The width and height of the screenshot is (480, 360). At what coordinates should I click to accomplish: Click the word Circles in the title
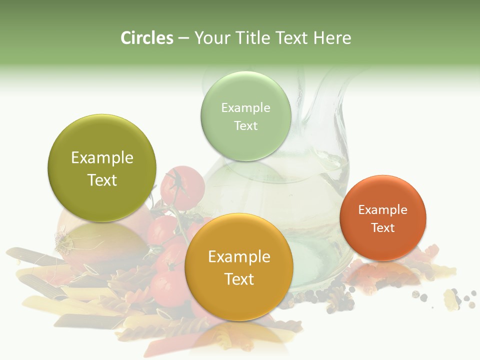(146, 38)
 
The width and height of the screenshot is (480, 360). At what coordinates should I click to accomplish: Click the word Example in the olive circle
(102, 158)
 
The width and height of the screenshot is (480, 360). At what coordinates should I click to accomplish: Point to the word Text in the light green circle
(245, 126)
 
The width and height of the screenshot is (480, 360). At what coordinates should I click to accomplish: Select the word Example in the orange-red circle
(382, 210)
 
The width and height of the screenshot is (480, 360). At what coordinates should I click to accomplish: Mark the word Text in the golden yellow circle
(239, 279)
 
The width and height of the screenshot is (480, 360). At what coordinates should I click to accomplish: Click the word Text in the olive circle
(102, 180)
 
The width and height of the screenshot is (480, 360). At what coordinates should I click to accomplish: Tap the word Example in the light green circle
(245, 108)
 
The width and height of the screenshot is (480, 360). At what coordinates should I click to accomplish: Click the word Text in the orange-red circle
(382, 228)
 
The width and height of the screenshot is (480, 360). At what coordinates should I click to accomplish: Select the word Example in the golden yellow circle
(239, 257)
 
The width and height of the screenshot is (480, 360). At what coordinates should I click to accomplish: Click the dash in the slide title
(183, 38)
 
